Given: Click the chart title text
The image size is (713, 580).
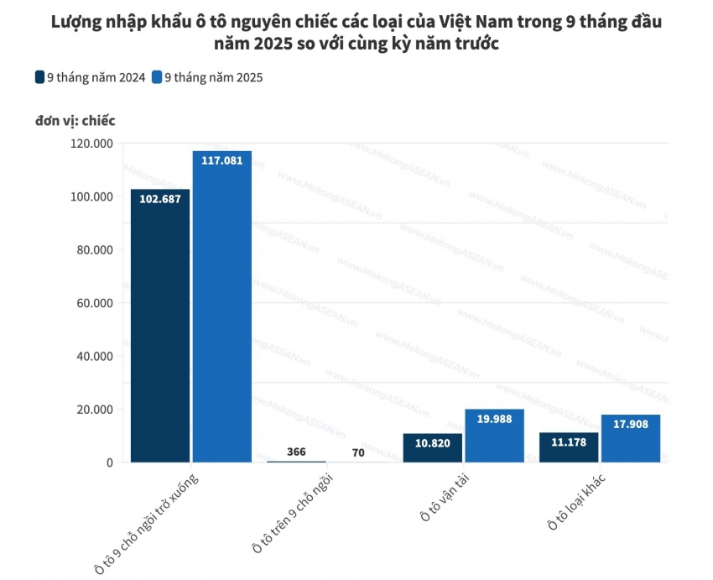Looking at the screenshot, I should pyautogui.click(x=356, y=32).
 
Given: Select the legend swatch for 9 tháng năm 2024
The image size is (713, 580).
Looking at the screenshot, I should pyautogui.click(x=39, y=77).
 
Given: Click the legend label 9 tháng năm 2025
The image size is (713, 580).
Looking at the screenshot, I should pyautogui.click(x=214, y=77).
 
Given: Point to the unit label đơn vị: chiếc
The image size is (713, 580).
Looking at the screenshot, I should pyautogui.click(x=75, y=120).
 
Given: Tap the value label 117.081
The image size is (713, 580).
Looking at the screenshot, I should pyautogui.click(x=221, y=160).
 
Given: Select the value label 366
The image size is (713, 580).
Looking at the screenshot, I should pyautogui.click(x=296, y=451).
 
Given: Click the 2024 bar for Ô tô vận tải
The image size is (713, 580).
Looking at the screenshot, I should pyautogui.click(x=432, y=448).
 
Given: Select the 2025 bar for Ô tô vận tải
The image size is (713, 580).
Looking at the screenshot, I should pyautogui.click(x=494, y=436).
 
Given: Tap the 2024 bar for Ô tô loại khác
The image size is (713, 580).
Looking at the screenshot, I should pyautogui.click(x=569, y=447).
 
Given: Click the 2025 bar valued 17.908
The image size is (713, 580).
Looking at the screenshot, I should pyautogui.click(x=631, y=438).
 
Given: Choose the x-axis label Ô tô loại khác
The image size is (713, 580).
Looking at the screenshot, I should pyautogui.click(x=577, y=501).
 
